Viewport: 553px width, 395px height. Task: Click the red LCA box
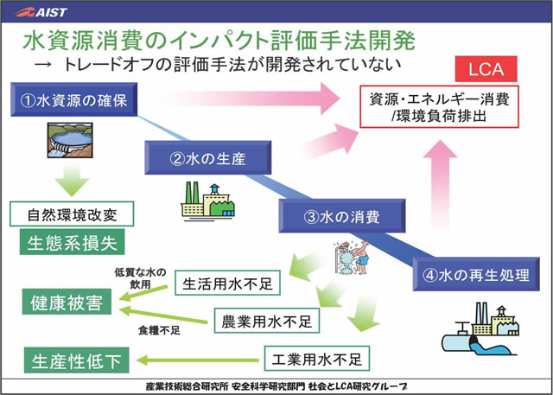pos(486,67)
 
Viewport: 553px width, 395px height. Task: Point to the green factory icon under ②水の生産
pos(208,201)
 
